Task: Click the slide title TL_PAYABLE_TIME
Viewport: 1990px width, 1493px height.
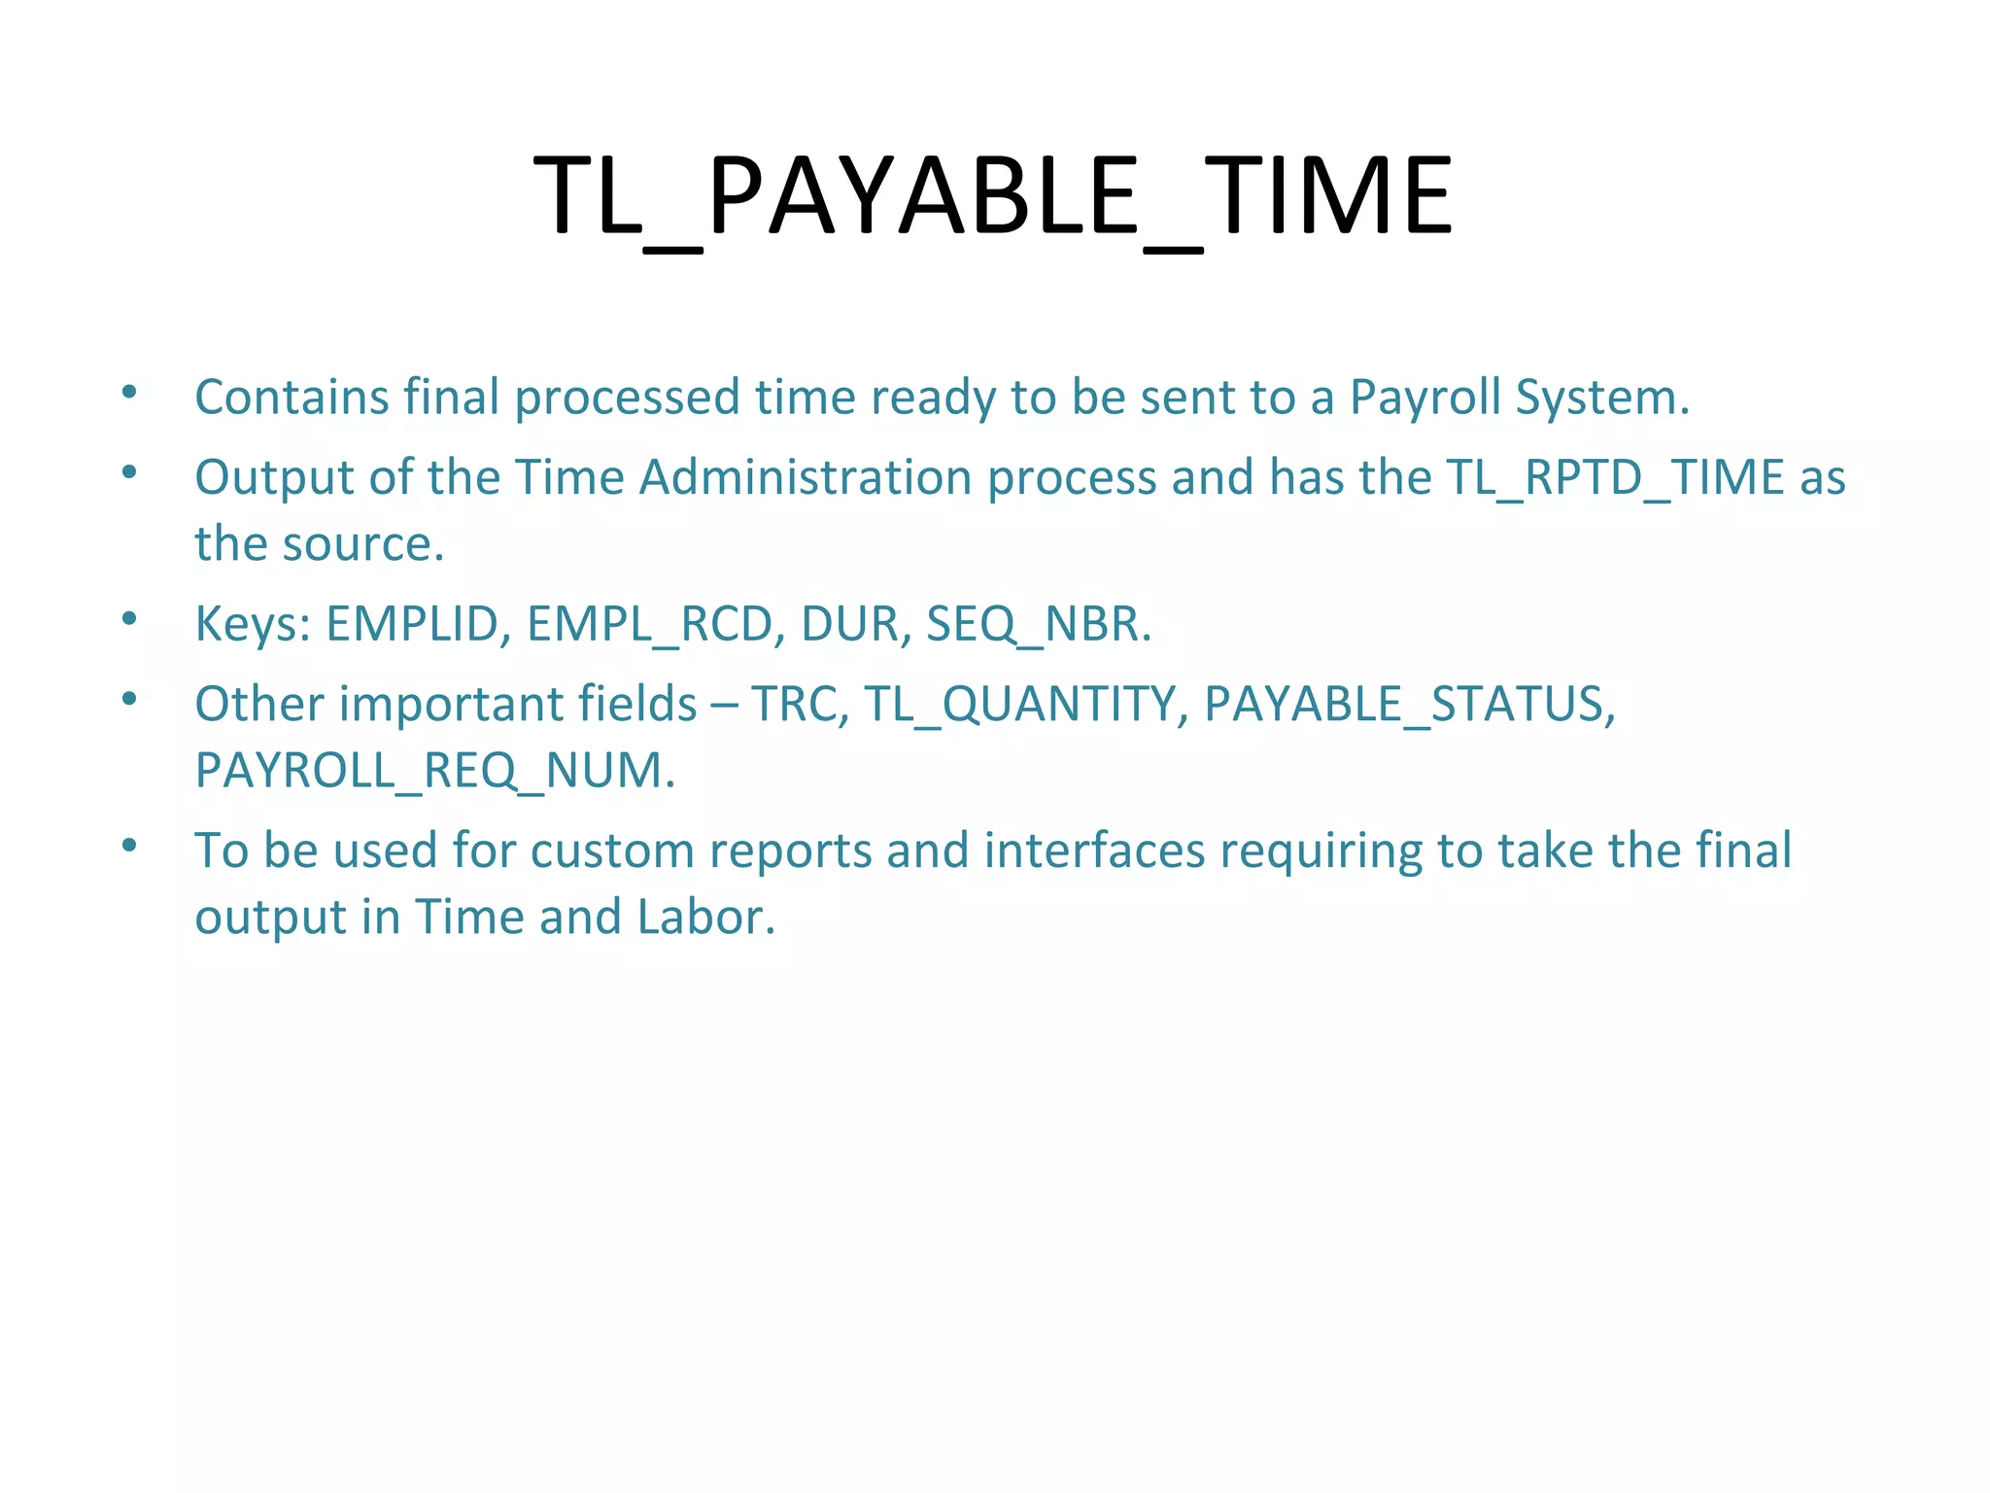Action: coord(993,197)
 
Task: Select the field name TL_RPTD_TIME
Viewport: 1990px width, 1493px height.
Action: coord(1615,478)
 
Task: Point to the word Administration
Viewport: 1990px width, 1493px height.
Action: coord(806,478)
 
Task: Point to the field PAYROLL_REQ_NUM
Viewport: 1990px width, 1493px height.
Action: coord(434,772)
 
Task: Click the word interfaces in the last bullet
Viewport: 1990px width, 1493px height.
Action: coord(1094,851)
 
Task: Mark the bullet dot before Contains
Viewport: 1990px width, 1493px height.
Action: coord(129,393)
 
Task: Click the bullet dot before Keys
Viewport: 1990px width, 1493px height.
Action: coord(129,619)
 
